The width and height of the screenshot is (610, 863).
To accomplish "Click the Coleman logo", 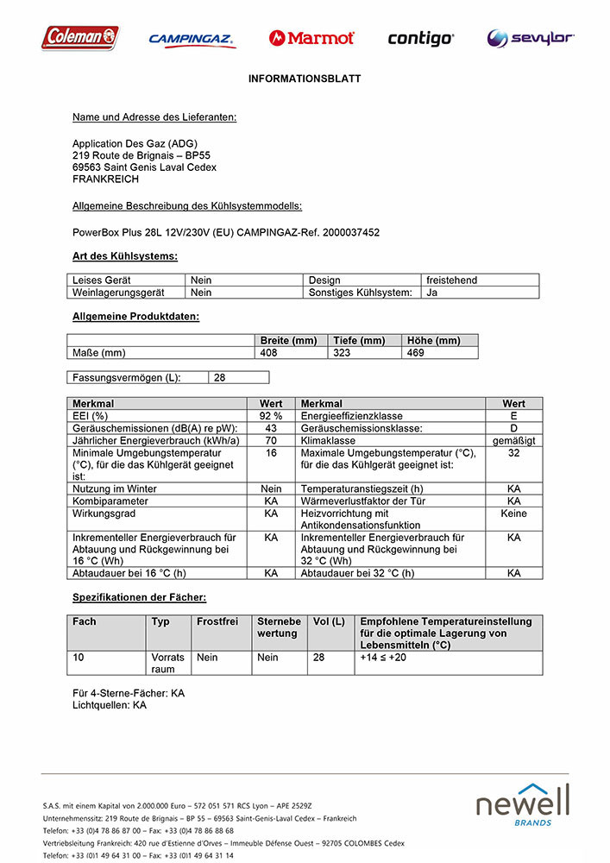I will (80, 37).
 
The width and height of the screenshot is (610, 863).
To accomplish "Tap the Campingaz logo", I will (192, 39).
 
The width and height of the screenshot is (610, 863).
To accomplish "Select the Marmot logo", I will (311, 38).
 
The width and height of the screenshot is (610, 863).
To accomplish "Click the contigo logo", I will (420, 38).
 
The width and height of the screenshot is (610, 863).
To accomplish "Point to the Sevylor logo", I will (530, 38).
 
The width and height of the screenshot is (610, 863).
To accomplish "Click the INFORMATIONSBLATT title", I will (305, 79).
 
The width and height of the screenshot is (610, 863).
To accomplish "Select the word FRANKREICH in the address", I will (105, 180).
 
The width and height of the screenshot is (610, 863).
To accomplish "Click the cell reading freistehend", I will (451, 280).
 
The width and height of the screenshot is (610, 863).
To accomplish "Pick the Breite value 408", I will (270, 353).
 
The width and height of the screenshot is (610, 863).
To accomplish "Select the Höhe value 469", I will (416, 353).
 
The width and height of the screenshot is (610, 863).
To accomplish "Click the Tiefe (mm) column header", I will (359, 341).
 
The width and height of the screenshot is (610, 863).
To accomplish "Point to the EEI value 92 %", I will (271, 416).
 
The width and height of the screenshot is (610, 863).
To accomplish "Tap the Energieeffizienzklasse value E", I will (513, 416).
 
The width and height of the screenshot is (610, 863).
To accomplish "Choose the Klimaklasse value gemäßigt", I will (513, 440).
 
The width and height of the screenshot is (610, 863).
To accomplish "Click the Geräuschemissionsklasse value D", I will (513, 428).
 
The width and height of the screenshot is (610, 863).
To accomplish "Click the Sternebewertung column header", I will (279, 627).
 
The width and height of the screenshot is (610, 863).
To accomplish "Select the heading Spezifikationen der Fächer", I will (139, 597).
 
